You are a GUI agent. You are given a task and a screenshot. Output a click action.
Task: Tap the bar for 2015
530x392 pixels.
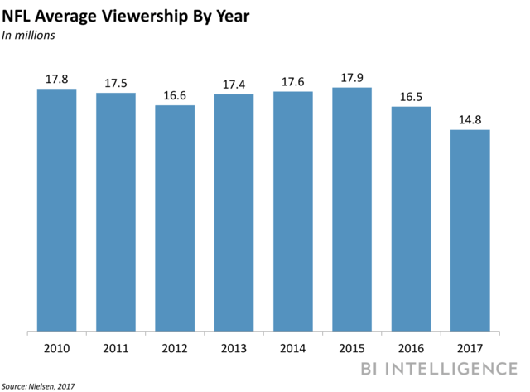tap(353, 209)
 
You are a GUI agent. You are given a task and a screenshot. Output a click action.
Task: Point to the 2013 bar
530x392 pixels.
tap(234, 213)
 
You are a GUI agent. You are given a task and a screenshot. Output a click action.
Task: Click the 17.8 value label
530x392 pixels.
tap(56, 80)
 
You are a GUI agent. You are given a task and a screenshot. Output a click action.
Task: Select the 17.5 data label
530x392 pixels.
tap(116, 83)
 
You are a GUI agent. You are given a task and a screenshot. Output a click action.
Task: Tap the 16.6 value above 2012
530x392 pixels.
tap(175, 95)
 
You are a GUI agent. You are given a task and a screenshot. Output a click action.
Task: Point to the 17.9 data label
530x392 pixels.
tap(353, 78)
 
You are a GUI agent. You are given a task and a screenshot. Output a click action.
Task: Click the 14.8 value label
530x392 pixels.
tap(470, 120)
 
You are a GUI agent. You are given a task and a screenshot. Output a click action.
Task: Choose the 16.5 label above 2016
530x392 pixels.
tap(412, 97)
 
